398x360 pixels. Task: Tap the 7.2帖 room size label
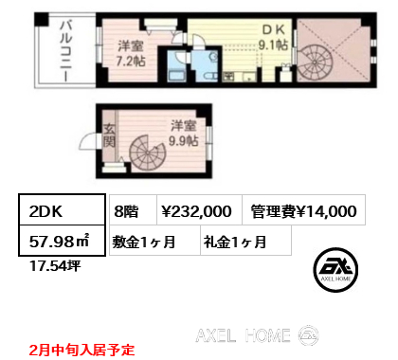tap(130, 52)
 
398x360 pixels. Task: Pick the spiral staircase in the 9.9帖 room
tap(148, 153)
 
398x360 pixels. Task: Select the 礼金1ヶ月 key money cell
tap(234, 241)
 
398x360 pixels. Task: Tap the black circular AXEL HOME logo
tap(340, 268)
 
